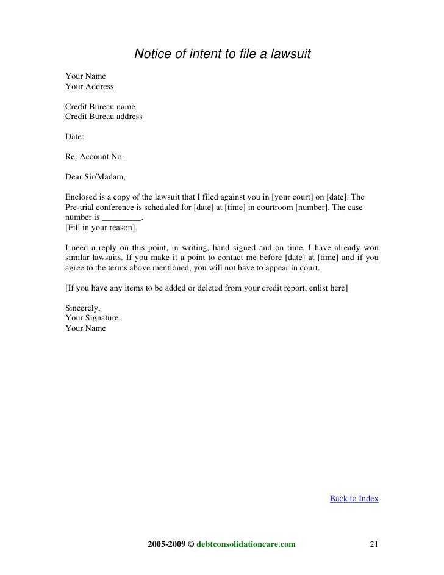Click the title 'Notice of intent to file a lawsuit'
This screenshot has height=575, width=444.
[222, 55]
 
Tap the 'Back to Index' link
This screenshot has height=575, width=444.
[354, 499]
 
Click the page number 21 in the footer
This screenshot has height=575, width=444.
[375, 544]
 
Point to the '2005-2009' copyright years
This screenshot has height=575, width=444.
[167, 544]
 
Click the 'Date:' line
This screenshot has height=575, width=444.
[75, 137]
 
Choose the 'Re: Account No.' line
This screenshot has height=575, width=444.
[94, 157]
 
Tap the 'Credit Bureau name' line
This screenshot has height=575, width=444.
[100, 107]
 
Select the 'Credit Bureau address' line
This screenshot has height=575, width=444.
[104, 117]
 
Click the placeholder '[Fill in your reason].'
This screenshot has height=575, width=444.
[101, 228]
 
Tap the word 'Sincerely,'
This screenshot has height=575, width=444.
[82, 308]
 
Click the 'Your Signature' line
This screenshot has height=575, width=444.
[91, 318]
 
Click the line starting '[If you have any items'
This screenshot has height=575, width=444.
[206, 288]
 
